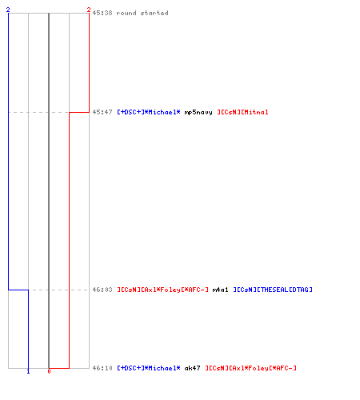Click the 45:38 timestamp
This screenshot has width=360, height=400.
point(102,13)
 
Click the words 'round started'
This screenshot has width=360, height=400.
point(142,13)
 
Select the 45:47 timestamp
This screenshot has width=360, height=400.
point(102,112)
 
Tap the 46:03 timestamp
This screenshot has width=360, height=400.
point(102,290)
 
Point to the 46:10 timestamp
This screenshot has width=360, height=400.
point(102,368)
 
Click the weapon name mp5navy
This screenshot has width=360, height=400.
point(198,112)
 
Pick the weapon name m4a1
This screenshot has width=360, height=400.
point(220,290)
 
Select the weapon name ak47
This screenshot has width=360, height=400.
point(192,368)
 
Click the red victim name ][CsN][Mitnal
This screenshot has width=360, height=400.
point(242,112)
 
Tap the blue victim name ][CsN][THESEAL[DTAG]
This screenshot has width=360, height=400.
point(273,290)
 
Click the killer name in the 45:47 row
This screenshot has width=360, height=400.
point(149,112)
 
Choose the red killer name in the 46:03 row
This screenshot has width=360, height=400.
point(163,290)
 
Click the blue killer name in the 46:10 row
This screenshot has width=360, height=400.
point(149,368)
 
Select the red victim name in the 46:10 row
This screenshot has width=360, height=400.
point(250,368)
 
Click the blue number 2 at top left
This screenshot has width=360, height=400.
point(8,10)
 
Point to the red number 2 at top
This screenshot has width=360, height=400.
point(89,10)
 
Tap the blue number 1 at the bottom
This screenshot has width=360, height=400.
point(28,371)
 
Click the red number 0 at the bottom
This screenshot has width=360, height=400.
point(49,371)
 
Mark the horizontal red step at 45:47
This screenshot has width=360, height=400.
point(79,112)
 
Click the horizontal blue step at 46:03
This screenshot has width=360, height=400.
point(18,290)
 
